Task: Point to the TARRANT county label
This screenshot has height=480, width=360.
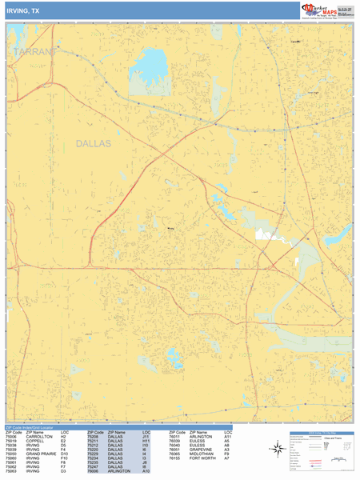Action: click(35, 51)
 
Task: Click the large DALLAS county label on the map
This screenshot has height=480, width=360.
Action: click(94, 144)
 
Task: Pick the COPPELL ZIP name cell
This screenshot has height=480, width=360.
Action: click(34, 442)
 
